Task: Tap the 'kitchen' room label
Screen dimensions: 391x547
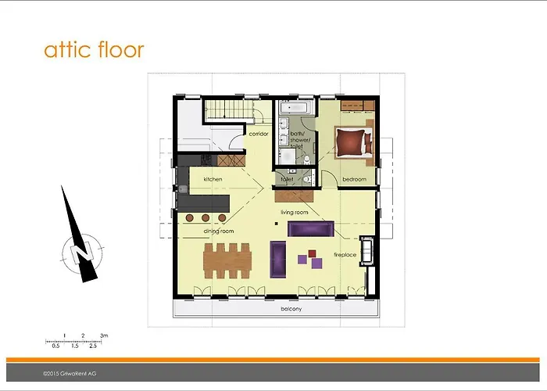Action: [x=213, y=180]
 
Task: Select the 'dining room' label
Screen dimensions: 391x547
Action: [x=218, y=231]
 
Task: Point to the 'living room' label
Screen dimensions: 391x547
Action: [x=295, y=212]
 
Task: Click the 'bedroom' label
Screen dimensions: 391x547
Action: [x=354, y=180]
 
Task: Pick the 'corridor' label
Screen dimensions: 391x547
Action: [x=259, y=134]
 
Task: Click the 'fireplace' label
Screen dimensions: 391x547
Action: [x=345, y=255]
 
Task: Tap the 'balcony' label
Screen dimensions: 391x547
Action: [x=291, y=309]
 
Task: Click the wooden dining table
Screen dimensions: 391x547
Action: [x=228, y=258]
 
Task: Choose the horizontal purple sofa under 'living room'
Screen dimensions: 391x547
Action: [x=311, y=228]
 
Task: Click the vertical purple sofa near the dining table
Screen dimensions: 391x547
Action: [x=277, y=259]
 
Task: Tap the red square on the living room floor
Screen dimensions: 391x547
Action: [x=312, y=253]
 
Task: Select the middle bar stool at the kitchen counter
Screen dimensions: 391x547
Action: [x=207, y=218]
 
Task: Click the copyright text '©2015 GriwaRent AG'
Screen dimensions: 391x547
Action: [x=71, y=375]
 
